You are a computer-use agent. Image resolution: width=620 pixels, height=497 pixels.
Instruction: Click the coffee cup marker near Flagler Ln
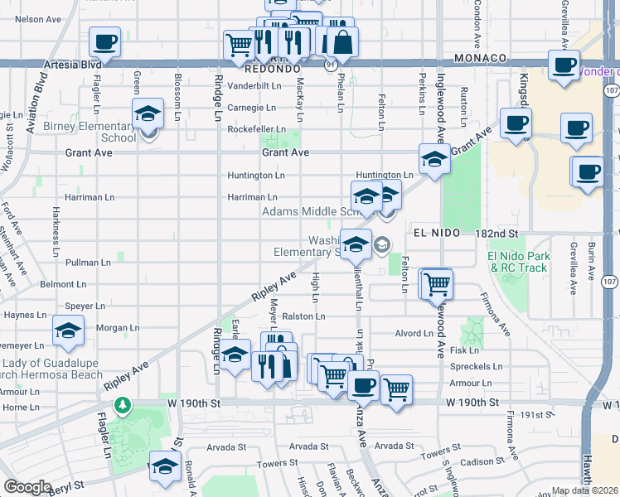105,41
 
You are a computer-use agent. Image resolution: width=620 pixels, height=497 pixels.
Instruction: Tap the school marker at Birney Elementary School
148,115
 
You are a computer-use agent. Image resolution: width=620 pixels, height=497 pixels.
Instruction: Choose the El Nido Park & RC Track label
519,262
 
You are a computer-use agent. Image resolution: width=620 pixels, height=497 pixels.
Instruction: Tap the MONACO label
481,58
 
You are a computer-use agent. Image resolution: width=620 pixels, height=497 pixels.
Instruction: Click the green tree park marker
123,404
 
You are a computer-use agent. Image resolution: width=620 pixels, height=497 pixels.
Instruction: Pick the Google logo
27,487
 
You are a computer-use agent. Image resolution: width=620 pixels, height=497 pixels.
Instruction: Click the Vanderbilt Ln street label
255,85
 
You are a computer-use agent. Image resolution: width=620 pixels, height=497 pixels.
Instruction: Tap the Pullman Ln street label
88,263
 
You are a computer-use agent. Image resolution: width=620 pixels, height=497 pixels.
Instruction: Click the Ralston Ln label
303,316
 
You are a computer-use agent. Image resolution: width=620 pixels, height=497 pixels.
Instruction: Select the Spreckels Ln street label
475,366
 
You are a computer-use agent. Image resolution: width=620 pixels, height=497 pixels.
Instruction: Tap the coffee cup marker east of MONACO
564,65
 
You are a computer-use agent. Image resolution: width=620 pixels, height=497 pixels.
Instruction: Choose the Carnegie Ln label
251,108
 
